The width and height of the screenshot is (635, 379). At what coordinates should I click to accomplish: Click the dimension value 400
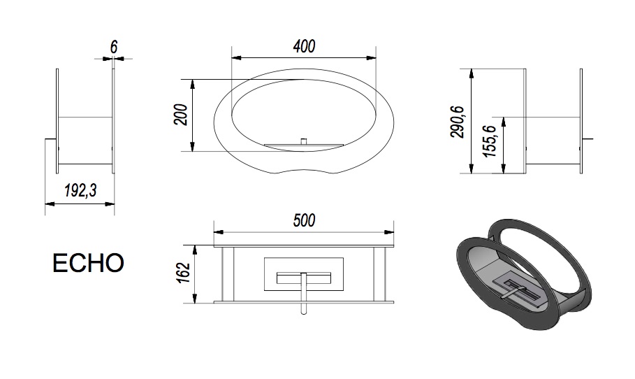click(304, 47)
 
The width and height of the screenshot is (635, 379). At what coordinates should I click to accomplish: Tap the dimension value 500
click(304, 220)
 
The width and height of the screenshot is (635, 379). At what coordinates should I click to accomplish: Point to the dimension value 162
click(184, 273)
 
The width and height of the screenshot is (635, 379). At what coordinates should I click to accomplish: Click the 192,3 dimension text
click(80, 190)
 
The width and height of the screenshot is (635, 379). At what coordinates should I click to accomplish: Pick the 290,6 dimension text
click(459, 122)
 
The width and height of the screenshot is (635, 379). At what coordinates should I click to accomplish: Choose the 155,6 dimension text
click(490, 141)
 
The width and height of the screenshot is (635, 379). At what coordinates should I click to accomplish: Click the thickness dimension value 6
click(114, 47)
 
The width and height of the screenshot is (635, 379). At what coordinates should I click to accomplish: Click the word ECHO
click(88, 263)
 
